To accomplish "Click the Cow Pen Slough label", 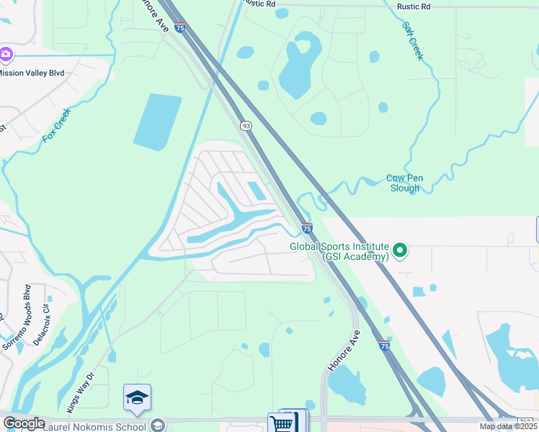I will click(404, 183).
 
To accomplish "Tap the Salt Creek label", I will click(413, 40).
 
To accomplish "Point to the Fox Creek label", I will click(57, 124).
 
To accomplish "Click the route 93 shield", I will click(246, 126).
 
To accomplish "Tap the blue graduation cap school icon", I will click(137, 398).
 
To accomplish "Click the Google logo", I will click(24, 423).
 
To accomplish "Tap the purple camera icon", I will click(6, 55).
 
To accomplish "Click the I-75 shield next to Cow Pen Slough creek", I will click(307, 228).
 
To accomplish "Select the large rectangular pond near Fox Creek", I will click(157, 122).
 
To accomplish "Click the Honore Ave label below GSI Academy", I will click(344, 351).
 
